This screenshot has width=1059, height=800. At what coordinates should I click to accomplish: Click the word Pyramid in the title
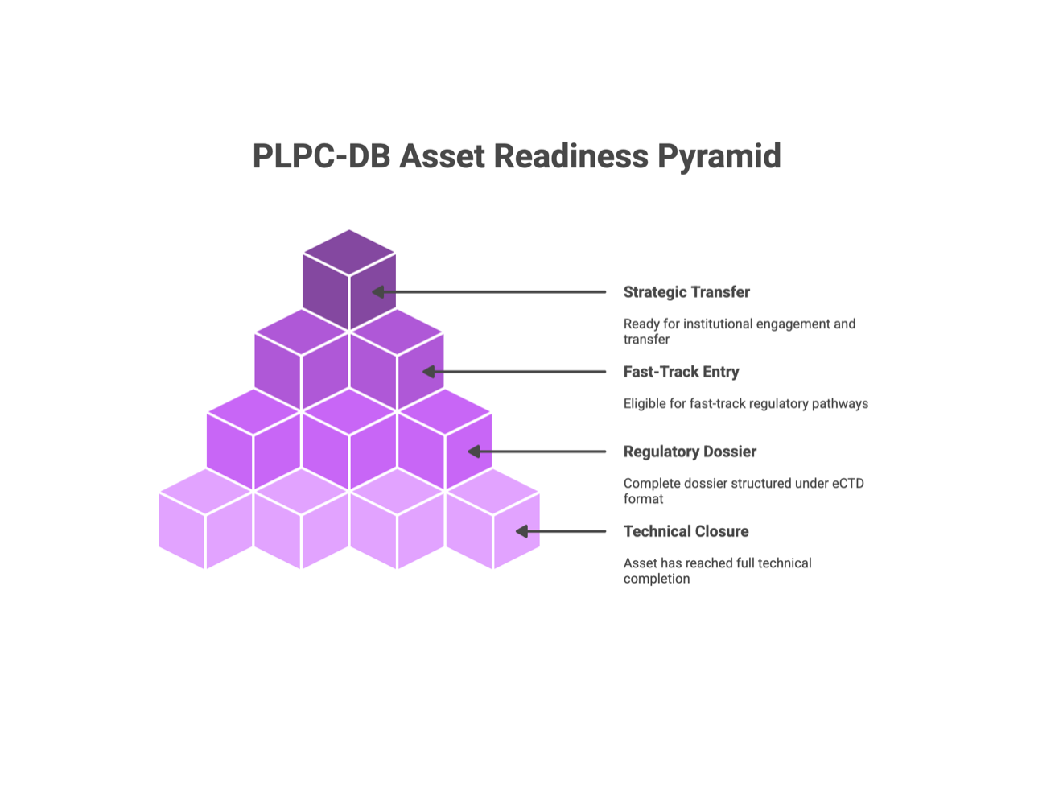(719, 157)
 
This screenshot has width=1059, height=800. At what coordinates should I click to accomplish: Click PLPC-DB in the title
(321, 156)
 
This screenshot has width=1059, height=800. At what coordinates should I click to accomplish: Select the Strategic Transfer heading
(686, 292)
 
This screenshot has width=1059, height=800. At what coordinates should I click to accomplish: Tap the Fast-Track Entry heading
(681, 372)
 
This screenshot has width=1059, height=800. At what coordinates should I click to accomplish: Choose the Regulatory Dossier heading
(690, 452)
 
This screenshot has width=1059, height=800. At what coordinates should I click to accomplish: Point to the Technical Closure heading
(686, 531)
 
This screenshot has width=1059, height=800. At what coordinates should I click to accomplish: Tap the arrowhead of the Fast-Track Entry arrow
(428, 372)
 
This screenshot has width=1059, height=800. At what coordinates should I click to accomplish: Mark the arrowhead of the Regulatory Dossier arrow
(474, 452)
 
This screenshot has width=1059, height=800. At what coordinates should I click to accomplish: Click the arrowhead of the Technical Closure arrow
(521, 531)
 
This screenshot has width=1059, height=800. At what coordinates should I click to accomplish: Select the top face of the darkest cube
(348, 253)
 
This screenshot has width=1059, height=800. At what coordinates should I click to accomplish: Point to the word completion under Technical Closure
(657, 579)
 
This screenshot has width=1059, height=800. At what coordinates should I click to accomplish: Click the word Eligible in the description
(641, 404)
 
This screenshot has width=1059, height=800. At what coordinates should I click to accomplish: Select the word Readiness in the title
(571, 156)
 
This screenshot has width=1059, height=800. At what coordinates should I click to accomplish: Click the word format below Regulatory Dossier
(643, 498)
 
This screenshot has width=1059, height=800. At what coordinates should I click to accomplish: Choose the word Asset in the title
(442, 156)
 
